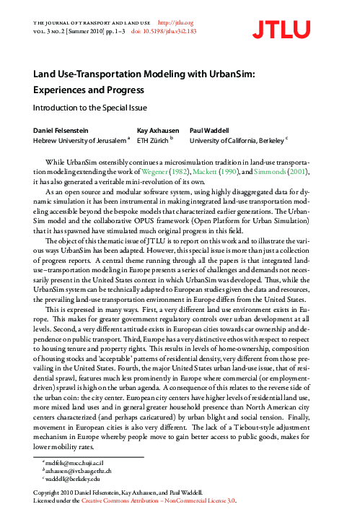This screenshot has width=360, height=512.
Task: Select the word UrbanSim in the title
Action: coord(232,75)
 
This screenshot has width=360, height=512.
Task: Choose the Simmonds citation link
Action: coord(257,173)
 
